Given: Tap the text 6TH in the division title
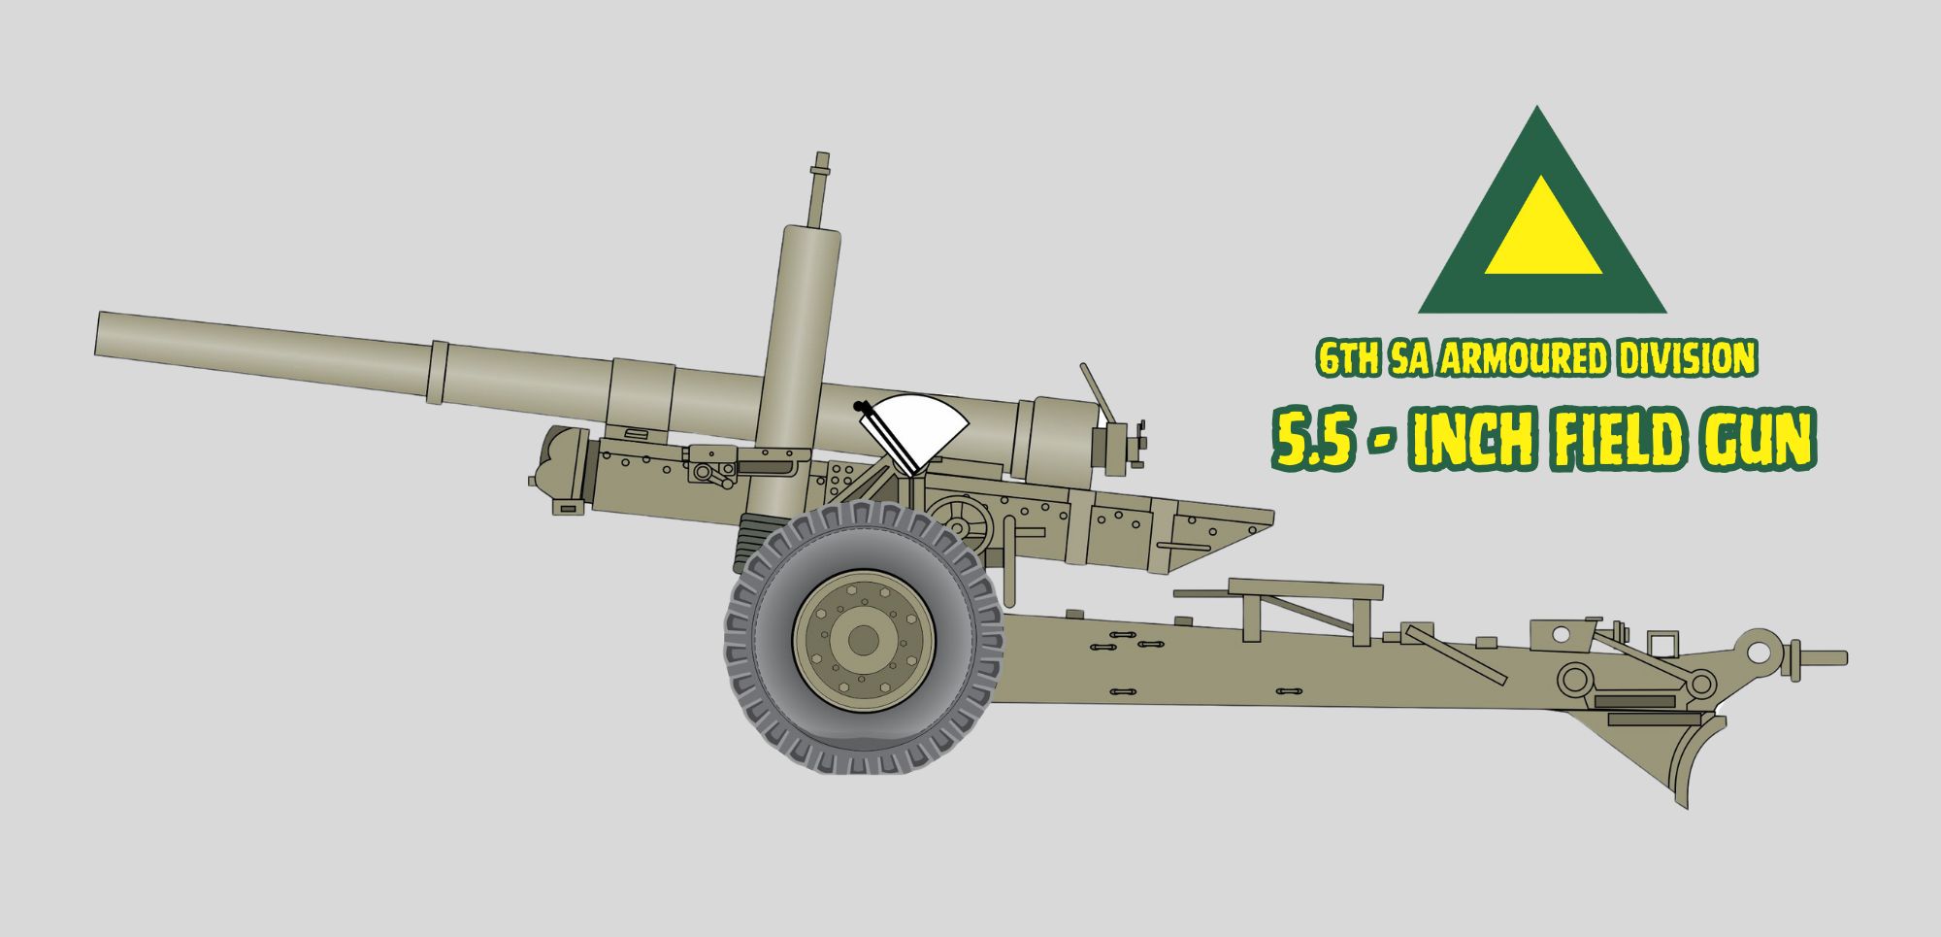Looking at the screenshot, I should (x=1347, y=359).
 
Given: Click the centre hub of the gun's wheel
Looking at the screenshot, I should (x=863, y=640).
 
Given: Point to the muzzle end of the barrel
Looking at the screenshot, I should (x=101, y=333).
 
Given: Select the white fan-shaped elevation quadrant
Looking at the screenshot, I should (x=917, y=429).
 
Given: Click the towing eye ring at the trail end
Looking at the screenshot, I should (x=1758, y=648).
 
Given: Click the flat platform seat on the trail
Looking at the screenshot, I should (x=1303, y=587).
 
